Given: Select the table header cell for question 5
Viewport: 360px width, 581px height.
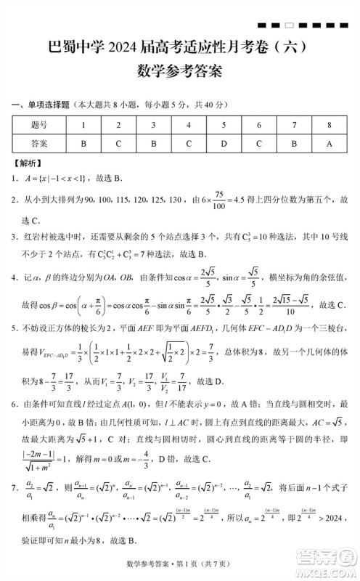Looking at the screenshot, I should click(x=224, y=125).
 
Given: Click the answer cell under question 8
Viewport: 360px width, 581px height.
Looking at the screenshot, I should click(x=329, y=143).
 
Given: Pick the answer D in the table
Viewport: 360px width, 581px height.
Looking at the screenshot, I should click(x=224, y=143).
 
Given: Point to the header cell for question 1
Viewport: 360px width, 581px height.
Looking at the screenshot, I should click(x=83, y=125).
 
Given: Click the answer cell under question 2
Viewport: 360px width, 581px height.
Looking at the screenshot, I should click(x=118, y=143).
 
